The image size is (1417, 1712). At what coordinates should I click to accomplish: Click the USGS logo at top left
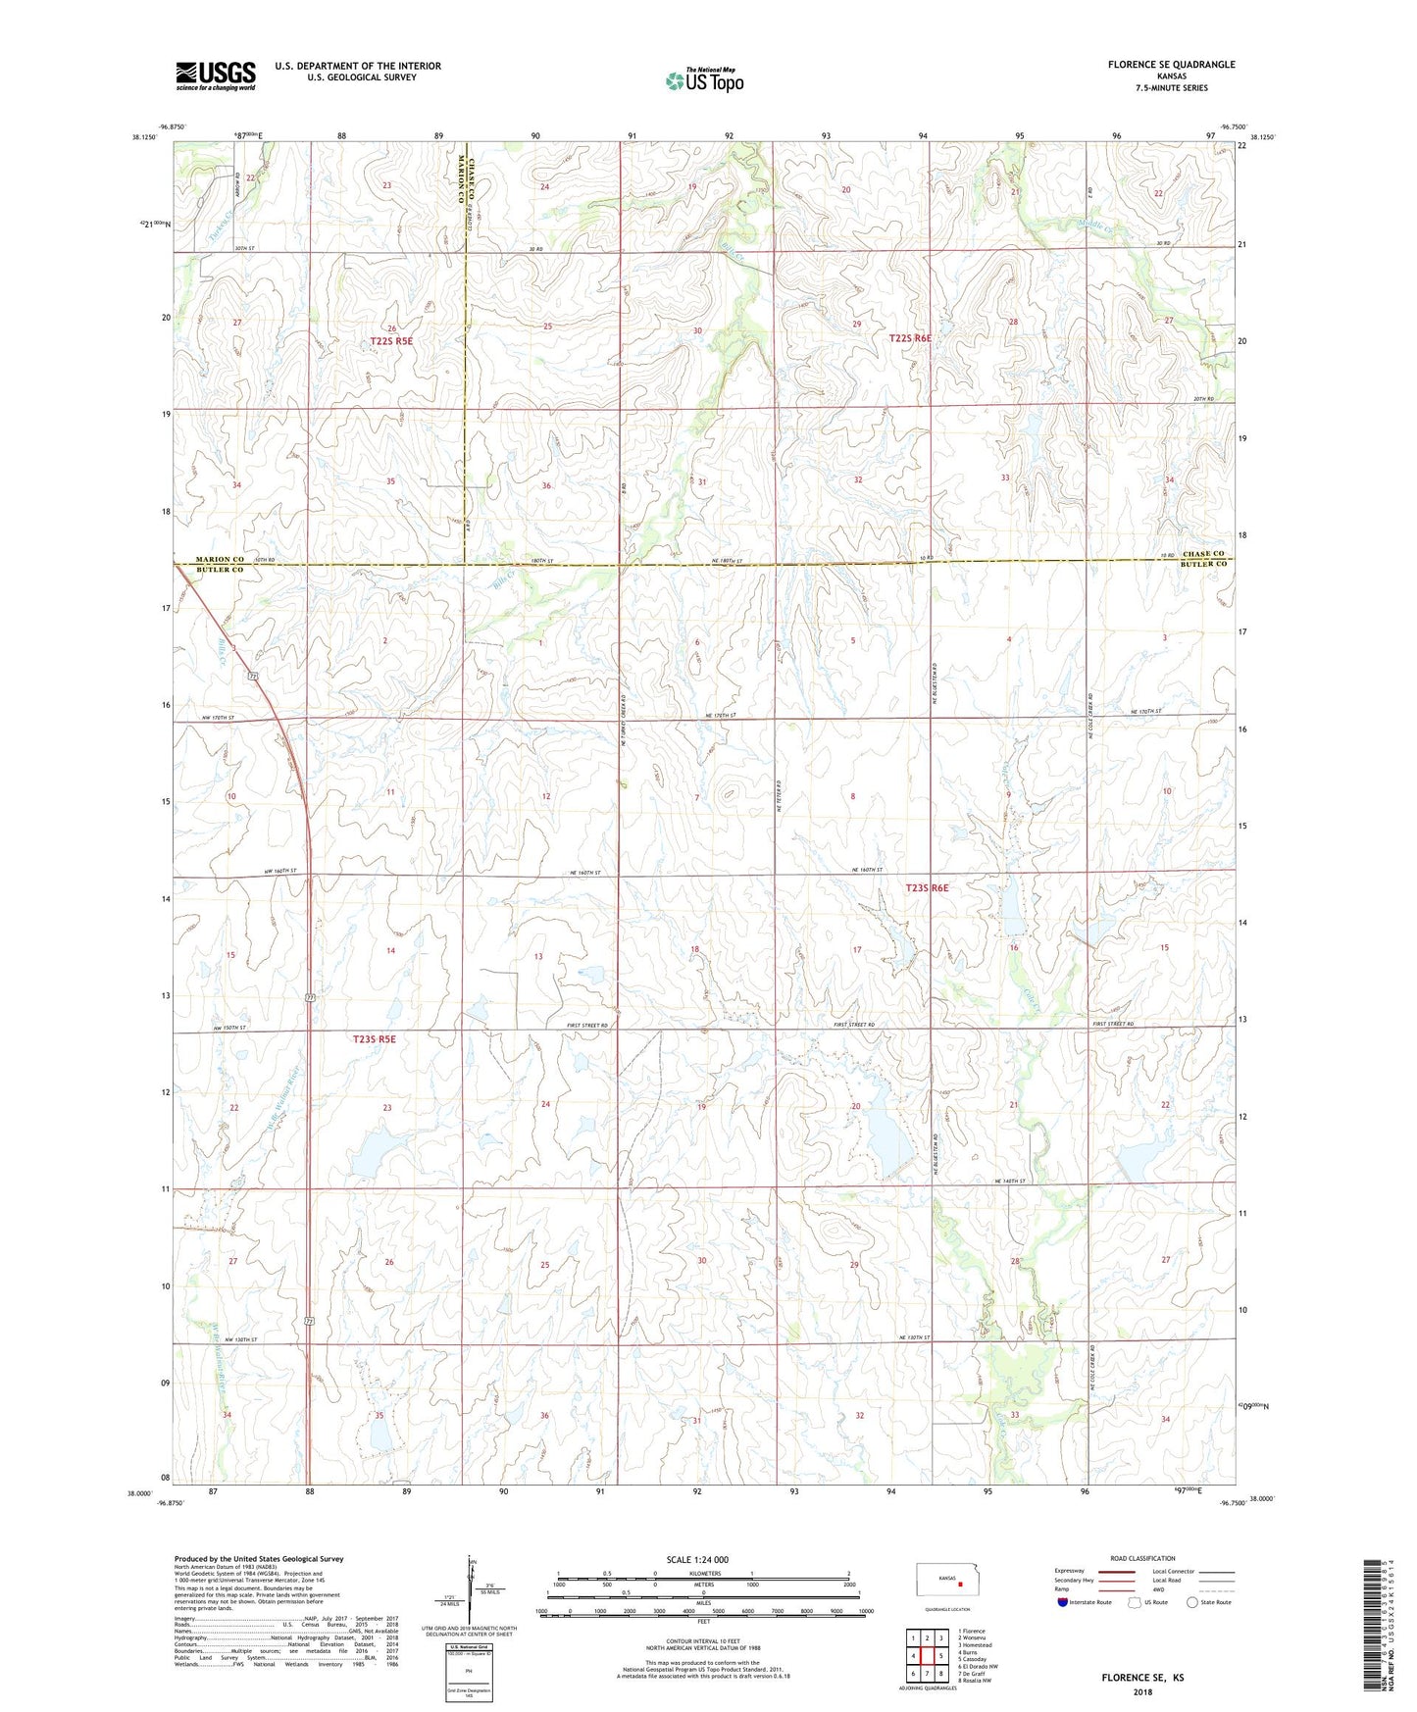pyautogui.click(x=216, y=76)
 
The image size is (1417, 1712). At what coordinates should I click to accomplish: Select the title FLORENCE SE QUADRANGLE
pyautogui.click(x=1171, y=65)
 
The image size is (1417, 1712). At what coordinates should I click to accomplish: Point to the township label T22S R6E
pyautogui.click(x=910, y=338)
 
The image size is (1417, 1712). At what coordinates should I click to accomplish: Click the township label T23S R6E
pyautogui.click(x=927, y=887)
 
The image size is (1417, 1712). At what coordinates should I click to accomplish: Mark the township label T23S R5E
pyautogui.click(x=375, y=1038)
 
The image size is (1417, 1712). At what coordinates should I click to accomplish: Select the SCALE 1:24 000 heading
pyautogui.click(x=696, y=1560)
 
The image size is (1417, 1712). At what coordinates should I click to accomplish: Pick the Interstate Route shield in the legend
pyautogui.click(x=1064, y=1602)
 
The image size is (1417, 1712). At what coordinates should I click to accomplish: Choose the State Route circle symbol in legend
pyautogui.click(x=1192, y=1602)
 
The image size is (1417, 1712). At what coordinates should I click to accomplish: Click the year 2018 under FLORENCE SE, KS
pyautogui.click(x=1142, y=1691)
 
